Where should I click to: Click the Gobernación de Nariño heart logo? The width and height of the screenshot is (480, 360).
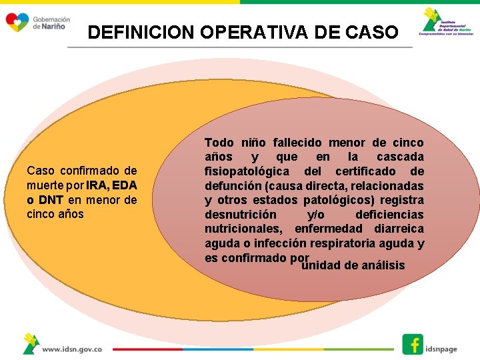click(17, 23)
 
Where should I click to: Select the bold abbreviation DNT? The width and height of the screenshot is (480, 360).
click(51, 200)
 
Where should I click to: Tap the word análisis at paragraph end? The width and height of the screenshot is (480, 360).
click(383, 265)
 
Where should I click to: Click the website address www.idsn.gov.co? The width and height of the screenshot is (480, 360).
click(72, 349)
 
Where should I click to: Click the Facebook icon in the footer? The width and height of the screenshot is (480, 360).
click(413, 344)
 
